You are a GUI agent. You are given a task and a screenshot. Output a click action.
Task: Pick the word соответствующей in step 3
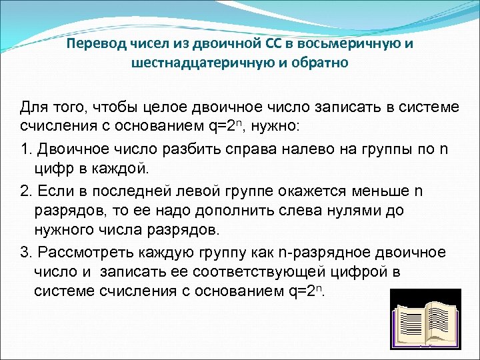point(259,273)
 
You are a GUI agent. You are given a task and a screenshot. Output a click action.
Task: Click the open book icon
point(425,319)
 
